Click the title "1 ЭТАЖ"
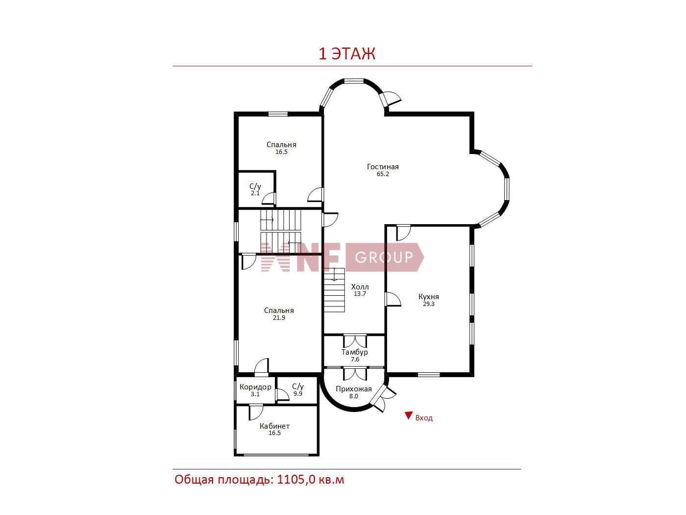tap(346, 54)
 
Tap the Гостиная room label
tap(383, 167)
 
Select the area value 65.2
tap(383, 174)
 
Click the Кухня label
tap(428, 297)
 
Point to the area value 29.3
tap(428, 304)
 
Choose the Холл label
tap(360, 287)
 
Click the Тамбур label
tap(354, 352)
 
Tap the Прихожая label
tap(353, 389)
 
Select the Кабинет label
tap(274, 426)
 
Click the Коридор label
tap(255, 387)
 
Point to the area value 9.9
tap(297, 394)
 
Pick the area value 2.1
tap(255, 193)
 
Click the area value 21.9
tap(279, 318)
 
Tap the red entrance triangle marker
tap(408, 415)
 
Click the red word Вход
tap(424, 418)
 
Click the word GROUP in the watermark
tap(384, 257)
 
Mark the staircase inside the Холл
tap(334, 290)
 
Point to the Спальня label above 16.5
tap(281, 145)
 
